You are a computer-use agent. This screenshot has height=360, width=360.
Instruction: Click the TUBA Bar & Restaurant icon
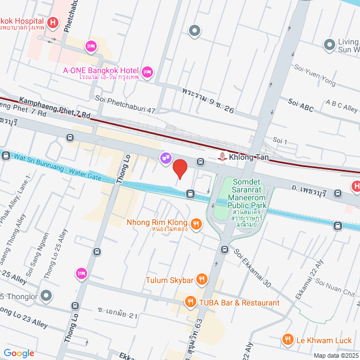[x=191, y=302]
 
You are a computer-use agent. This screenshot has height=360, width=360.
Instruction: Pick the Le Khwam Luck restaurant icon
[x=288, y=339]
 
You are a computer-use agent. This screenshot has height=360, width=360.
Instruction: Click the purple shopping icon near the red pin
[x=165, y=158]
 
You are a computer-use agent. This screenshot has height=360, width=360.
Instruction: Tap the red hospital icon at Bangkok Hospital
[x=52, y=23]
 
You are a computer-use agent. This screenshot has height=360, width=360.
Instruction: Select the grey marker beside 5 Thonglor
[x=46, y=295]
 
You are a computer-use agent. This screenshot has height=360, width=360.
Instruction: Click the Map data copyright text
[x=336, y=355]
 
